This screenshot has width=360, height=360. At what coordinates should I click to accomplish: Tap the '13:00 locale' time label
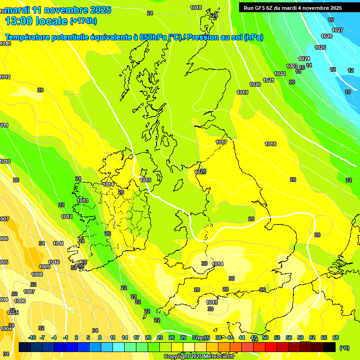36,21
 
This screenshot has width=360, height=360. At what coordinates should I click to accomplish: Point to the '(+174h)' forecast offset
83,21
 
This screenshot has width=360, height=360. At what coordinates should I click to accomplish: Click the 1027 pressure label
337,30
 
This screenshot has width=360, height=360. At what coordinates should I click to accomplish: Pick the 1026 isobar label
327,36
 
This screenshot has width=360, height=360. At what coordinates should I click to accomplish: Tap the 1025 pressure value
320,47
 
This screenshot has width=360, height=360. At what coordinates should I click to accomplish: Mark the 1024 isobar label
304,59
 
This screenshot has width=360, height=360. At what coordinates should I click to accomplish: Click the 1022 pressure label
280,74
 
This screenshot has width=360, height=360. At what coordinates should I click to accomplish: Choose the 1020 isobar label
255,84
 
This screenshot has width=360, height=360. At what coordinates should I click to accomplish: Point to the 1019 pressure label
242,92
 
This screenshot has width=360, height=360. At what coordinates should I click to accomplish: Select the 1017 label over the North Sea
221,142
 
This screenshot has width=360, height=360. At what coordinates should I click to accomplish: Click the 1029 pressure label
200,172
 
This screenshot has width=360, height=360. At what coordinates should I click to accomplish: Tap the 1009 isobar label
45,267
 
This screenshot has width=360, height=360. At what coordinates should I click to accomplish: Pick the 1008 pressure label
37,274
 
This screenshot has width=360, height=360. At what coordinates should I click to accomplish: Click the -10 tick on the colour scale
32,337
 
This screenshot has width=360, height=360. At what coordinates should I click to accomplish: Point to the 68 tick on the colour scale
336,337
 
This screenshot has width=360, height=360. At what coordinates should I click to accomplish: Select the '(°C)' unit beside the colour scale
344,348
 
